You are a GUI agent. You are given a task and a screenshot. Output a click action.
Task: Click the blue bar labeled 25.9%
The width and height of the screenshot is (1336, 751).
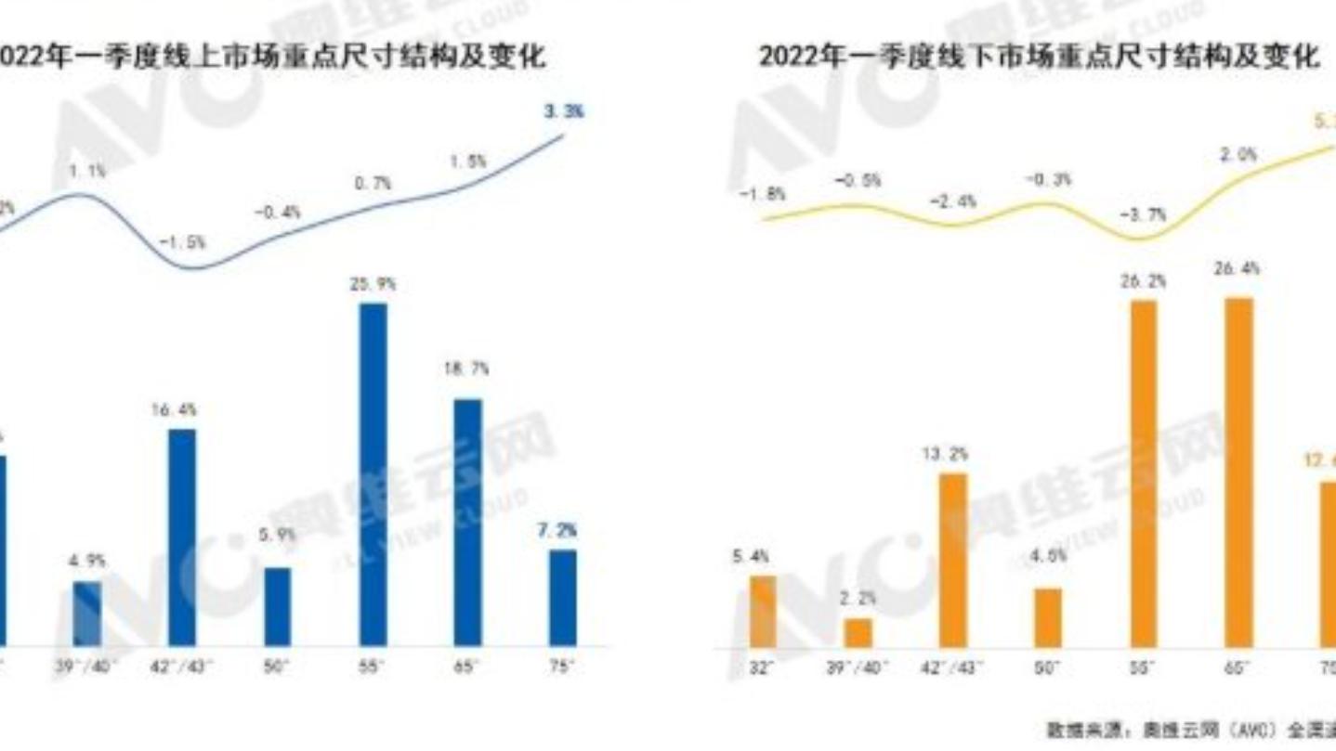[x=373, y=474]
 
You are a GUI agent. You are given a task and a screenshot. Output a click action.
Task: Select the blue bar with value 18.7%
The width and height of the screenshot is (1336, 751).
[x=467, y=523]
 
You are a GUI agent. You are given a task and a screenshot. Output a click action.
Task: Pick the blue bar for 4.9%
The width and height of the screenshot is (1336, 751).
[x=87, y=613]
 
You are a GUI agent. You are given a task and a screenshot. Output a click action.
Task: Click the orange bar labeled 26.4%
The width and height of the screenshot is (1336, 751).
[x=1238, y=473]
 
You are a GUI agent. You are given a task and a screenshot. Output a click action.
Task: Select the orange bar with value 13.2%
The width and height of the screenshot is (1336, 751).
[x=953, y=560]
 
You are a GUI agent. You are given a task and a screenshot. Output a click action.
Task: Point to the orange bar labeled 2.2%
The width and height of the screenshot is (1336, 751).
[x=858, y=632]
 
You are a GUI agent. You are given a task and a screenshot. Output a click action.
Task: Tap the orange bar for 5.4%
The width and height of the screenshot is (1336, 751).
[x=763, y=611]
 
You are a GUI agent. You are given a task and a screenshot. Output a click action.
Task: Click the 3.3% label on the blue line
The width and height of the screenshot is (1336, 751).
[x=564, y=111]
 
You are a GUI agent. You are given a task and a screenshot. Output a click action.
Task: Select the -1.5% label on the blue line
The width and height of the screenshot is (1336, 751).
[x=182, y=242]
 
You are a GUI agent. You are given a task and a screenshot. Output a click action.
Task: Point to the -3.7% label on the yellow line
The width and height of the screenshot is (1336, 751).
[x=1143, y=214]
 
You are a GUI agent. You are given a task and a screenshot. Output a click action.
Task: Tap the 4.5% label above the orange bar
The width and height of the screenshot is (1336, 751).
[x=1049, y=556]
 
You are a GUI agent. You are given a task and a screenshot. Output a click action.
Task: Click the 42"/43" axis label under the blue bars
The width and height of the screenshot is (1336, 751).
[x=182, y=667]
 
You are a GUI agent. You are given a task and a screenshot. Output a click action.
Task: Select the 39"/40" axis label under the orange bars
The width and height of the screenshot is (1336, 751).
[x=858, y=667]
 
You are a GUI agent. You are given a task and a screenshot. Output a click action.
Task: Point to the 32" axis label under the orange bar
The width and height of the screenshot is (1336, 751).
[x=761, y=667]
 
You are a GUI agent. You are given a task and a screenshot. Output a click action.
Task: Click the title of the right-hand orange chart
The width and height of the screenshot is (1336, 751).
[x=1038, y=57]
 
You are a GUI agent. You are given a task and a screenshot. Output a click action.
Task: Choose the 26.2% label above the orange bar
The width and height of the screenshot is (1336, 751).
[x=1143, y=280]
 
